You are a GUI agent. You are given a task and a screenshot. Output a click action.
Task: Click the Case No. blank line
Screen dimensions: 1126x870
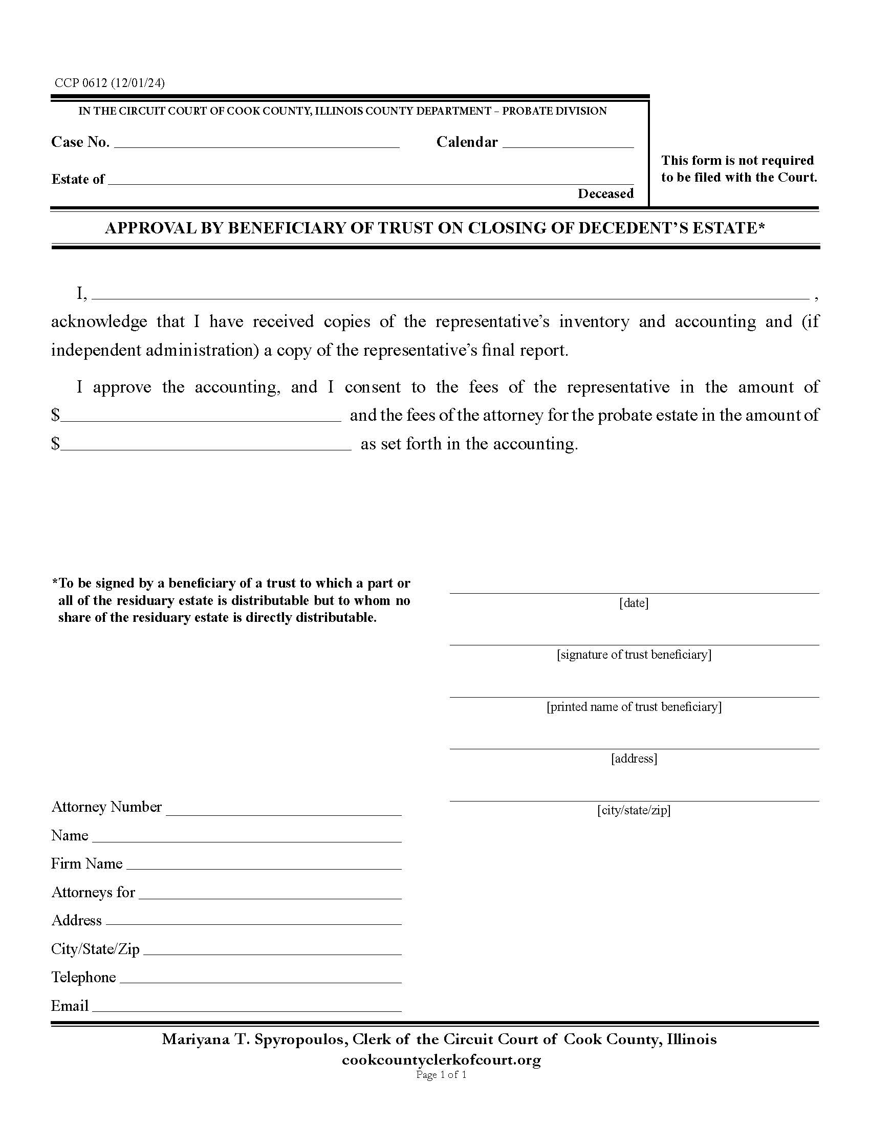click(256, 143)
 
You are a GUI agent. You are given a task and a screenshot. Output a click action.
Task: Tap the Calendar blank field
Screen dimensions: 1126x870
click(568, 143)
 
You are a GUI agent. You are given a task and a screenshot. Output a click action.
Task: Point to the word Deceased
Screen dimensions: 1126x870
click(605, 193)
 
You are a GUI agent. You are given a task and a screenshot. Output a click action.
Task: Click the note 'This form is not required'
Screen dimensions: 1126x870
click(737, 160)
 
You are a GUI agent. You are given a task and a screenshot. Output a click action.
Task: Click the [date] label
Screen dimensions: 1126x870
click(634, 603)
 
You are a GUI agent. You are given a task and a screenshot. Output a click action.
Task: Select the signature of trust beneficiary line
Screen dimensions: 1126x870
click(634, 639)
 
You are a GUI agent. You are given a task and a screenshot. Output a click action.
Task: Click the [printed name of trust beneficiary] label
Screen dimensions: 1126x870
click(634, 706)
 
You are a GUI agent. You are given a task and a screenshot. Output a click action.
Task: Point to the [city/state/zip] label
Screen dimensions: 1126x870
click(634, 810)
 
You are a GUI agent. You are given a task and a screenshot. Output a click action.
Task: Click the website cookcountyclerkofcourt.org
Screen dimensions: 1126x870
click(441, 1060)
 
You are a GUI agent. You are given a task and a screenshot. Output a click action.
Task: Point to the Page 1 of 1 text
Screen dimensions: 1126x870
click(441, 1075)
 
